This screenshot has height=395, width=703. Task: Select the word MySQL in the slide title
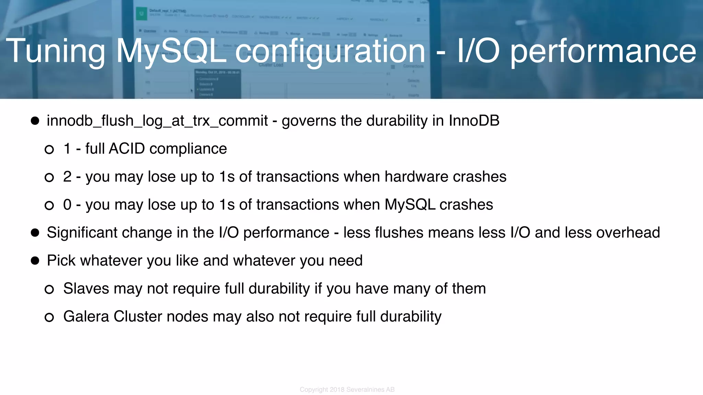click(171, 51)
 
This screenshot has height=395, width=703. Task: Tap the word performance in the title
click(603, 51)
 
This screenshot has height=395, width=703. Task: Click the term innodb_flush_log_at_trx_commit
click(157, 121)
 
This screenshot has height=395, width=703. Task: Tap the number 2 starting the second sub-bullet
click(67, 177)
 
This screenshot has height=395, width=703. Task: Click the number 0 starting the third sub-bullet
click(67, 205)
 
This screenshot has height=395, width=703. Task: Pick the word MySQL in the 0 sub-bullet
click(410, 205)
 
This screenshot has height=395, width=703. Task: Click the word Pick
click(61, 261)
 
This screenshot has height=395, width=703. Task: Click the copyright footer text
click(347, 390)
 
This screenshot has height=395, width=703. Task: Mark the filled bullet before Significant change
click(35, 233)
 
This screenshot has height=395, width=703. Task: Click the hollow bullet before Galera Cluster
click(49, 317)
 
